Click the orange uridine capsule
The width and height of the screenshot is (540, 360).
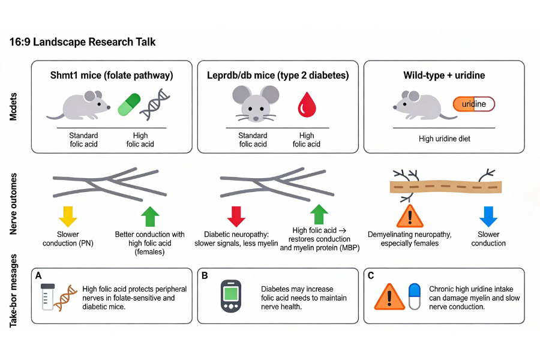474,104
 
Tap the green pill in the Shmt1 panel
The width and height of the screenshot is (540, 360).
128,104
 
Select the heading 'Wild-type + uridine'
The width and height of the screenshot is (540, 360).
444,76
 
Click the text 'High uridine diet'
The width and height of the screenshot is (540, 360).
444,139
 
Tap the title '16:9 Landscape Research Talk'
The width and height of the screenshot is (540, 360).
83,43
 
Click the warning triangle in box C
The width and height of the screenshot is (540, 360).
389,296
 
